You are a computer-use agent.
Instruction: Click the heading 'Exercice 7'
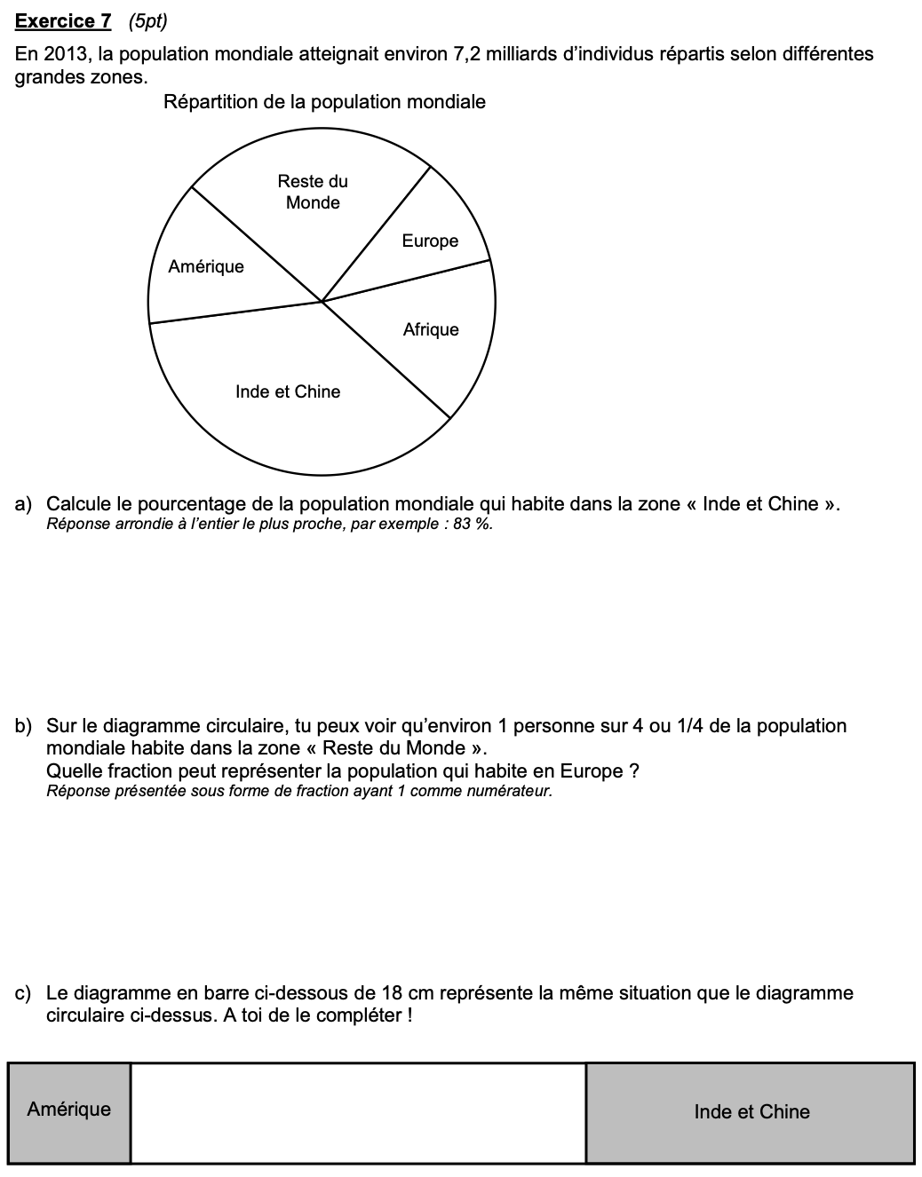click(63, 20)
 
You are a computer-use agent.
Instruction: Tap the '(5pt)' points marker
click(147, 20)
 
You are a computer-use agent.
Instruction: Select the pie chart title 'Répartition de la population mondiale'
click(324, 102)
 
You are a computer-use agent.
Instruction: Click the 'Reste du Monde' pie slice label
click(313, 192)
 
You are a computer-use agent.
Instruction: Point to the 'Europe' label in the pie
click(430, 241)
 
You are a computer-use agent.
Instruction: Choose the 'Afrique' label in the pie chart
click(431, 329)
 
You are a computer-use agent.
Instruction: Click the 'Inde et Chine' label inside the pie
click(288, 391)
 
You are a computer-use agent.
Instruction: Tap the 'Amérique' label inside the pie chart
click(206, 266)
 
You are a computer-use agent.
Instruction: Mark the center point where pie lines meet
click(322, 302)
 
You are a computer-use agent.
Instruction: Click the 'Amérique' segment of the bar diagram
click(69, 1112)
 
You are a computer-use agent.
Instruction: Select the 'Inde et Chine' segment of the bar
click(751, 1112)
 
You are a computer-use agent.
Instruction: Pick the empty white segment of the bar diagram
click(358, 1112)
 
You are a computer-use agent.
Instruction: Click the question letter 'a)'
click(24, 504)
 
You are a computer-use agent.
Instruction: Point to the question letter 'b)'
click(24, 726)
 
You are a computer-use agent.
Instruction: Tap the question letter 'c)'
click(24, 993)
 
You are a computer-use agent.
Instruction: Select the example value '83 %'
click(472, 524)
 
